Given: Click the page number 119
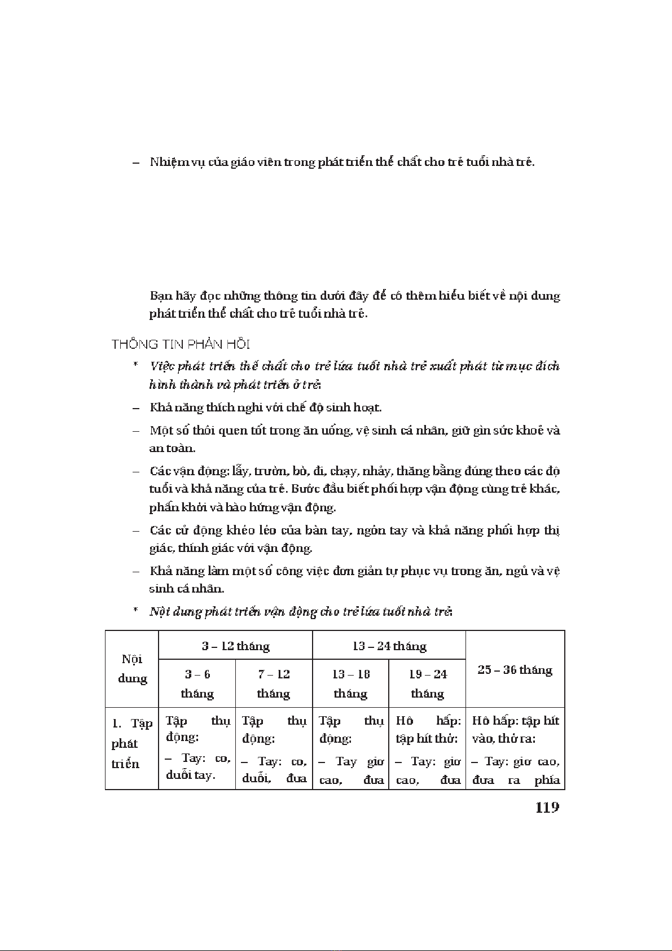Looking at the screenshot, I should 547,808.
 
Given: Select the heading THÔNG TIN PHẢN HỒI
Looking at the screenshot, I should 181,344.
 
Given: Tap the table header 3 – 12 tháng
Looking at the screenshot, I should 236,646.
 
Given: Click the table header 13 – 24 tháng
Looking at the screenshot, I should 389,646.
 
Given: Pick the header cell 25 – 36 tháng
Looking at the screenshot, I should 515,670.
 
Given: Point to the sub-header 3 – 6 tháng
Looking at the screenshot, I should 197,683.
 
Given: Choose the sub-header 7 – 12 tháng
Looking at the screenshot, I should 274,683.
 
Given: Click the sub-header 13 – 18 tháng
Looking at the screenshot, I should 350,683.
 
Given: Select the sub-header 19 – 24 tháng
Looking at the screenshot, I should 427,683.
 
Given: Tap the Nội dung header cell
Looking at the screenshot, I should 132,669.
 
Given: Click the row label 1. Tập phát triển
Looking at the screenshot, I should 131,743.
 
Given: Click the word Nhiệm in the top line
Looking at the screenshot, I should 168,162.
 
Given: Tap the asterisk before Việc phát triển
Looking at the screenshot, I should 135,365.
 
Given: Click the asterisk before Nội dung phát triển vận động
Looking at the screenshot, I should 135,611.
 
